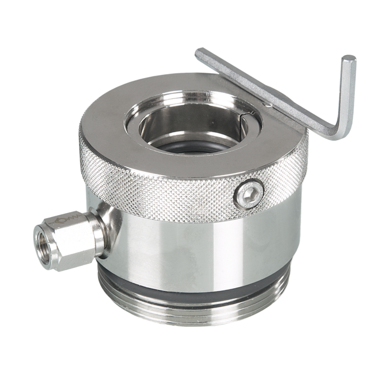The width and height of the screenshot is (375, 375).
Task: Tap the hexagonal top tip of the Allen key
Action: [349, 59]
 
